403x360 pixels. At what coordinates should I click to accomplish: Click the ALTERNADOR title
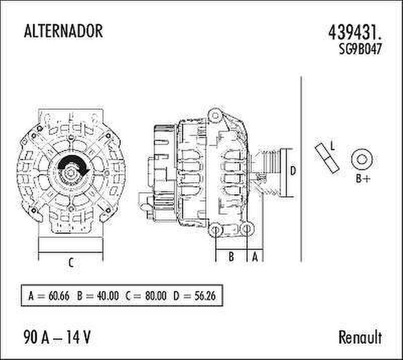coord(63,31)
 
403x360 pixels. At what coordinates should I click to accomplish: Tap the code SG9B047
coord(360,49)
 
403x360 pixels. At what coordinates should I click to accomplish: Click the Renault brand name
coord(360,337)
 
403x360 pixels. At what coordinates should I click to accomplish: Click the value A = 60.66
coord(48,296)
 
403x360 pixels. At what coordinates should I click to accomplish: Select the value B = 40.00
coord(98,296)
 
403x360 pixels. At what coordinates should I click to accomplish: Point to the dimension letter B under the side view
coord(232,257)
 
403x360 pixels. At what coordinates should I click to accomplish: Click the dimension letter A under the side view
coord(255,257)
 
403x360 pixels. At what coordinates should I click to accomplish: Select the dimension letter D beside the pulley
coord(293,171)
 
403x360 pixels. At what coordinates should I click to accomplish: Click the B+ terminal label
coord(363,179)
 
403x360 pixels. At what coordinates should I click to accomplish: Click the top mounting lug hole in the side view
coord(216,115)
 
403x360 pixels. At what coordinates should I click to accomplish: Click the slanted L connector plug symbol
coord(326,158)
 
